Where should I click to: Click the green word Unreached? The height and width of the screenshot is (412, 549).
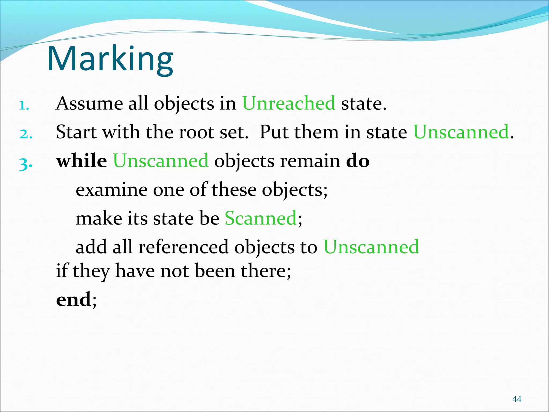[x=289, y=103]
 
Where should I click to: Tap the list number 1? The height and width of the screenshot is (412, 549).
[x=24, y=106]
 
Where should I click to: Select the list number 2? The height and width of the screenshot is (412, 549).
[x=26, y=134]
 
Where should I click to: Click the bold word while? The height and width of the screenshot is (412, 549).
[x=81, y=161]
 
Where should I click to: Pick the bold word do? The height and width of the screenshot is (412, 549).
[x=358, y=161]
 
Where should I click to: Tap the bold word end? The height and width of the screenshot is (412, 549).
[x=73, y=299]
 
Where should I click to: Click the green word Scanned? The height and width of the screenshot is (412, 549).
[x=261, y=218]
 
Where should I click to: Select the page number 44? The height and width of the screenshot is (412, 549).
[x=517, y=399]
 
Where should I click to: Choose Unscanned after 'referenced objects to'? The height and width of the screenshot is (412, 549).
[x=371, y=247]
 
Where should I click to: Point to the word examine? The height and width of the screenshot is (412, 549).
[x=112, y=190]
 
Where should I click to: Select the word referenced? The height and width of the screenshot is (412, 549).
[x=183, y=247]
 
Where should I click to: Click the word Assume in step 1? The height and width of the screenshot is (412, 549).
[x=89, y=103]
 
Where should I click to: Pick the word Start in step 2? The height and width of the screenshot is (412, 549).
[x=76, y=132]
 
